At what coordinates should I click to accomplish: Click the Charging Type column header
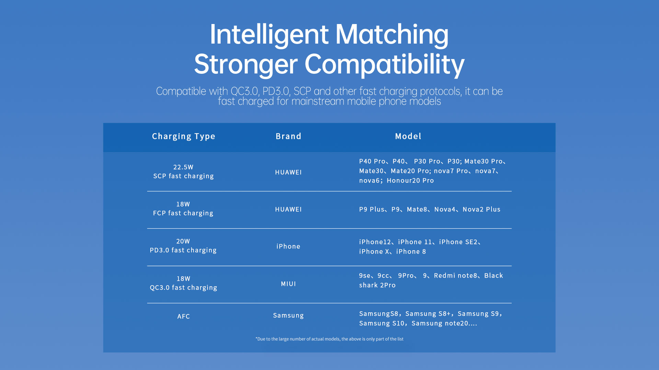pyautogui.click(x=184, y=137)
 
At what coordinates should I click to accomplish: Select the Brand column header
pyautogui.click(x=288, y=136)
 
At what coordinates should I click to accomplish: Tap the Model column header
pyautogui.click(x=408, y=136)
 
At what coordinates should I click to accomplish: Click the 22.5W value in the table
pyautogui.click(x=183, y=167)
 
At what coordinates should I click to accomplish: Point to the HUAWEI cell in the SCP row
pyautogui.click(x=288, y=172)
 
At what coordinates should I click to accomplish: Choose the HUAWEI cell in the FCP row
pyautogui.click(x=288, y=209)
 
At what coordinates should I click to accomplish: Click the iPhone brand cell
pyautogui.click(x=288, y=246)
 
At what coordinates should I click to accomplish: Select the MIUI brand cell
pyautogui.click(x=288, y=284)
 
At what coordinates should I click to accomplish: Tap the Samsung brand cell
pyautogui.click(x=288, y=315)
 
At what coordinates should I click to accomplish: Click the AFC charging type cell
pyautogui.click(x=184, y=316)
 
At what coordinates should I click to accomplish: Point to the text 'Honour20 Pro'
pyautogui.click(x=410, y=181)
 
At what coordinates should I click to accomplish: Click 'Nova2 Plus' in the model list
pyautogui.click(x=482, y=209)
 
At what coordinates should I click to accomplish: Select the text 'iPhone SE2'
pyautogui.click(x=458, y=242)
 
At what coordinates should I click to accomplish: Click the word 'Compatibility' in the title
pyautogui.click(x=384, y=65)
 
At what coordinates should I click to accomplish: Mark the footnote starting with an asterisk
pyautogui.click(x=329, y=339)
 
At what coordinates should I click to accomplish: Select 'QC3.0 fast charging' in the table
pyautogui.click(x=183, y=288)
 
